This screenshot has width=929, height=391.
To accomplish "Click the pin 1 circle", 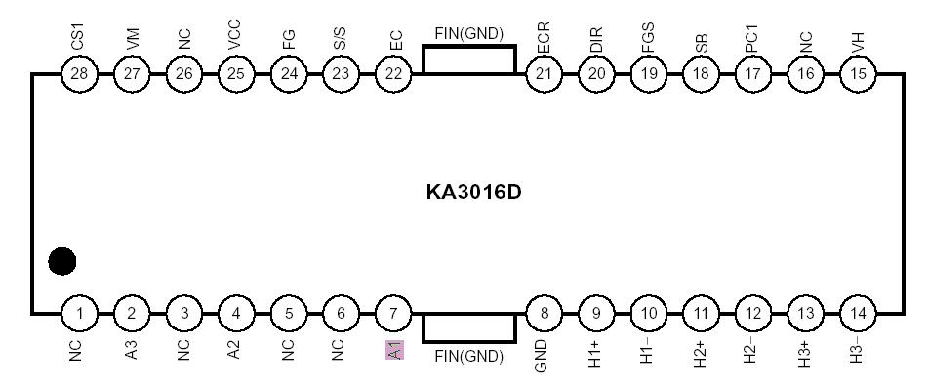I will click(79, 314).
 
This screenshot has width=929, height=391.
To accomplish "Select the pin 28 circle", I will click(79, 73).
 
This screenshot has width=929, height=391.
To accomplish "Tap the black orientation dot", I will click(62, 261).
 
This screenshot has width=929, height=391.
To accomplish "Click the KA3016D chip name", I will click(474, 192).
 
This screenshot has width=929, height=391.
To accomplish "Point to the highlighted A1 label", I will click(394, 350).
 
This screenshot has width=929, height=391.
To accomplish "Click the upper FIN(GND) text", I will click(469, 33).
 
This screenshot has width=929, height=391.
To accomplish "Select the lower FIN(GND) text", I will click(469, 356).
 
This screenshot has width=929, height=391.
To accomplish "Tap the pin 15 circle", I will click(859, 73).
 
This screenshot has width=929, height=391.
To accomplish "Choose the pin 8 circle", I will click(543, 314).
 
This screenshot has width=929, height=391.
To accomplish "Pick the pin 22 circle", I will click(394, 73).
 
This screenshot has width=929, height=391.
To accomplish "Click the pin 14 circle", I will click(859, 314).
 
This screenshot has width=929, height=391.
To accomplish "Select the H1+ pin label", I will click(595, 353).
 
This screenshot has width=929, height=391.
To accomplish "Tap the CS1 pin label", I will click(78, 37).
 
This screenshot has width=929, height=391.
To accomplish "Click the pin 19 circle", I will click(648, 73).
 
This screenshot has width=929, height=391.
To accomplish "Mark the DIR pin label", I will click(596, 40).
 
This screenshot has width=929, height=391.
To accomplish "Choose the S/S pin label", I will click(341, 39).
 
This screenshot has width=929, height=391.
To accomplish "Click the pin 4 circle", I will click(236, 314).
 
